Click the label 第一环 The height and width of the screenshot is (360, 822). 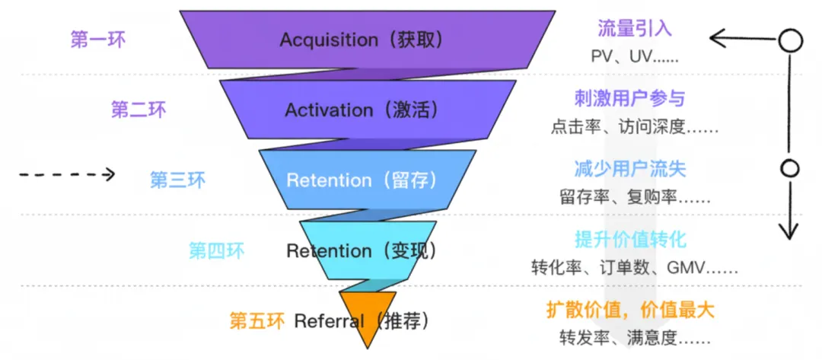point(98,40)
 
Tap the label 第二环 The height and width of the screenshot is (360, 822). point(139,110)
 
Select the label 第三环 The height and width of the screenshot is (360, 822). point(177,180)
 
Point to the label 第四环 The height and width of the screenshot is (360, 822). point(216,251)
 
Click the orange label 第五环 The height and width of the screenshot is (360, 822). point(257,320)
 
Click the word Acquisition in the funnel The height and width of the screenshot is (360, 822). point(329,40)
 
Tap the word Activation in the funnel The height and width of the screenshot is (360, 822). point(329,110)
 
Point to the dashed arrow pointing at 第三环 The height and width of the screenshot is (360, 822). point(67,174)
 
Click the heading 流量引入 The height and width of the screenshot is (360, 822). point(634,28)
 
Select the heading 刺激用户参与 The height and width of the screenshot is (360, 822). point(629,98)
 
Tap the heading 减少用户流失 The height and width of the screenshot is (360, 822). point(629,169)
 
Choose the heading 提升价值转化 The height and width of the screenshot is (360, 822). point(630,240)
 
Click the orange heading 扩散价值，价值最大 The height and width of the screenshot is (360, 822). point(630,311)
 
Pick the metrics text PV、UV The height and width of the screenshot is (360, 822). point(621,56)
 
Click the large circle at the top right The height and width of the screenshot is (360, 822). point(789,40)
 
